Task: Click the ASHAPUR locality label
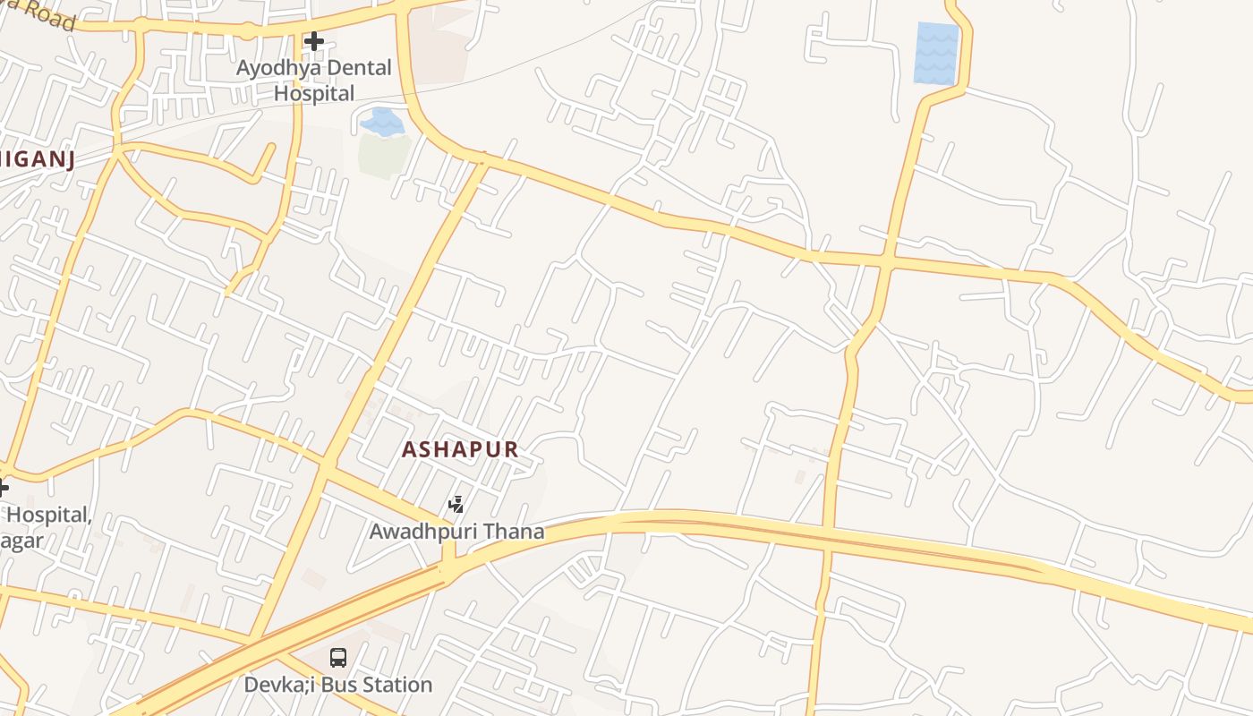[460, 449]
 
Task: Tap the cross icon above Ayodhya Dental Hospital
[313, 41]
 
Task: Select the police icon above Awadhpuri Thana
[456, 505]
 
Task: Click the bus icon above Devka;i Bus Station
[338, 658]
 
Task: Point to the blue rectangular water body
[936, 54]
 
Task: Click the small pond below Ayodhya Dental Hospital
[382, 122]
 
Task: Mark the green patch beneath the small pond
[384, 155]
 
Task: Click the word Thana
[513, 532]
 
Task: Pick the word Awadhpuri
[424, 532]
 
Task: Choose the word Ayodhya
[268, 68]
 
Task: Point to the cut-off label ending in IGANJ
[36, 160]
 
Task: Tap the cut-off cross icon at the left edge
[3, 488]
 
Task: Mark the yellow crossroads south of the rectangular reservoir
[886, 260]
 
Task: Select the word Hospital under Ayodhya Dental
[314, 93]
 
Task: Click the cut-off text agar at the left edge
[22, 541]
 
